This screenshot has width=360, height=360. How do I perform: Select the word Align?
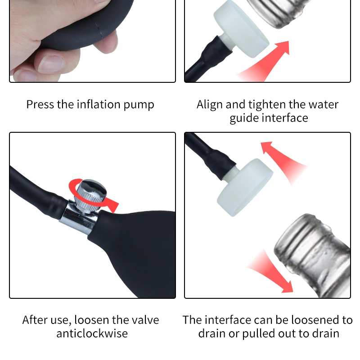pyautogui.click(x=210, y=105)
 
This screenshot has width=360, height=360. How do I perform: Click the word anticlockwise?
pyautogui.click(x=92, y=333)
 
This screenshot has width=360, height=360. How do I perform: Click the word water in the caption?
pyautogui.click(x=323, y=105)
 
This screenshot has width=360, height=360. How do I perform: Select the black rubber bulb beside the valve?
pyautogui.click(x=135, y=252)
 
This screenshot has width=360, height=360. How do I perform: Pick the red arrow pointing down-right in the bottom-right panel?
pyautogui.click(x=270, y=270)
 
